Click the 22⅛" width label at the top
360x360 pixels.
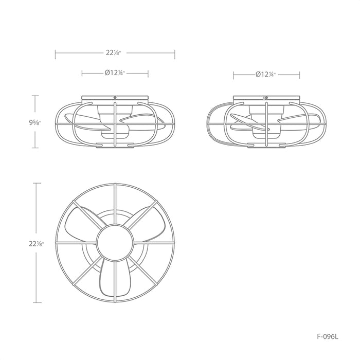pyautogui.click(x=115, y=52)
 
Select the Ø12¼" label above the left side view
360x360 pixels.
pyautogui.click(x=115, y=74)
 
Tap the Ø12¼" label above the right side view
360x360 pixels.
pyautogui.click(x=266, y=75)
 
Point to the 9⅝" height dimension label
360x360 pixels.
pyautogui.click(x=35, y=122)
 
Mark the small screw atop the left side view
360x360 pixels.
pyautogui.click(x=115, y=96)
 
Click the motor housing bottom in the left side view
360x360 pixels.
pyautogui.click(x=115, y=135)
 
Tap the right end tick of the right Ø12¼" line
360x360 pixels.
pyautogui.click(x=300, y=75)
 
